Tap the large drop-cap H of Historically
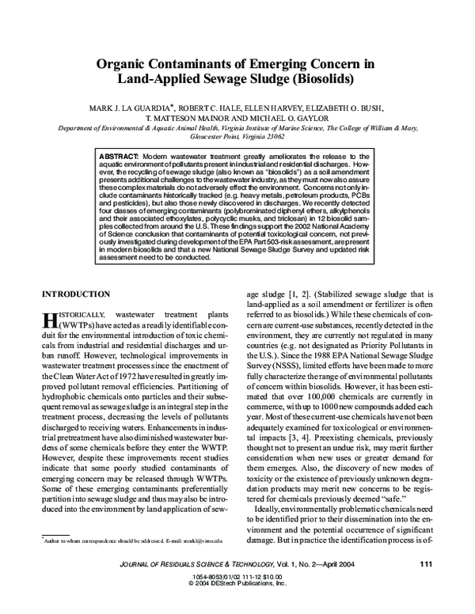(x=49, y=321)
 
